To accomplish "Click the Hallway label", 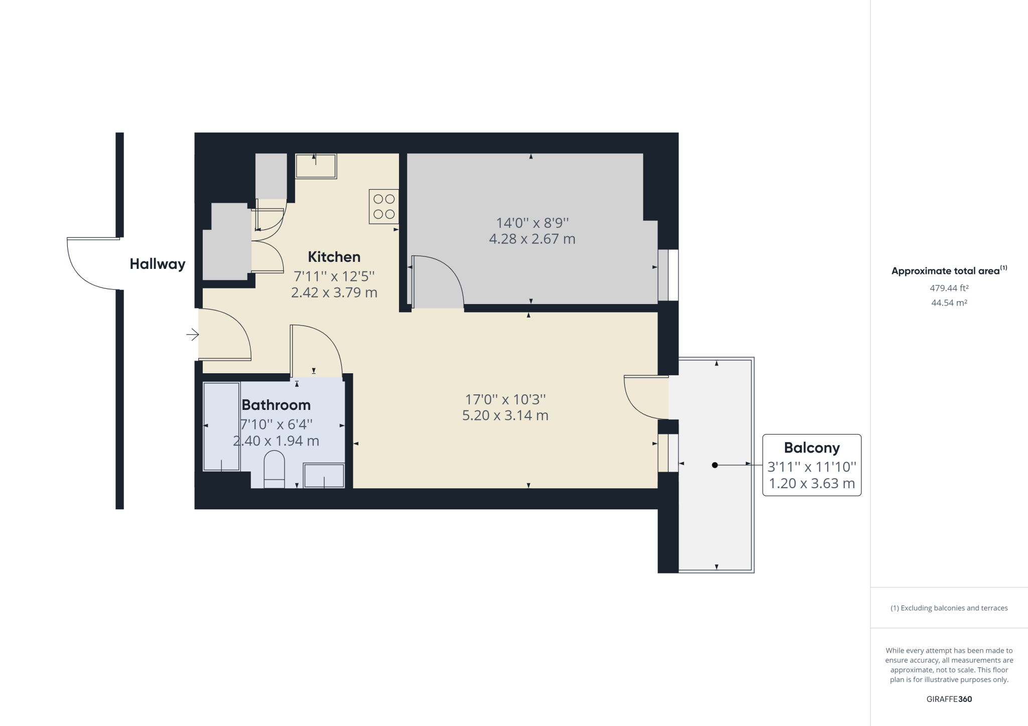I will point(157,264).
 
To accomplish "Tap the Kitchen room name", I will point(334,257).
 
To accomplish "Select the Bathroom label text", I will point(276,405).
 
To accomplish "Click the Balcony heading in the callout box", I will point(812,448).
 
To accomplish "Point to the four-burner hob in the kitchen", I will point(384,206).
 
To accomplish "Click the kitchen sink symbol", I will point(316,166).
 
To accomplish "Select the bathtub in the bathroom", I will point(221,426).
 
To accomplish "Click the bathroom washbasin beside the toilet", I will point(324,475).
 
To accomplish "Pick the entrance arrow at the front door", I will point(192,334).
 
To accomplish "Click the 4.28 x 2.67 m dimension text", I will point(532,239).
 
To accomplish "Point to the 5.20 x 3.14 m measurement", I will point(505,415).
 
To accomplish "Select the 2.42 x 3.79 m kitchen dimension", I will point(334,293).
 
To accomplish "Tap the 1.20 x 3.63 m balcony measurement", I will point(812,484).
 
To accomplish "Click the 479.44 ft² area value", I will point(949,288).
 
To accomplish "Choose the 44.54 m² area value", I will point(949,303).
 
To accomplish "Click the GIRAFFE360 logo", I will point(949,699).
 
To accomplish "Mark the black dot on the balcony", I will point(715,465).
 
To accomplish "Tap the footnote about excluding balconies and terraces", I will point(949,608).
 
